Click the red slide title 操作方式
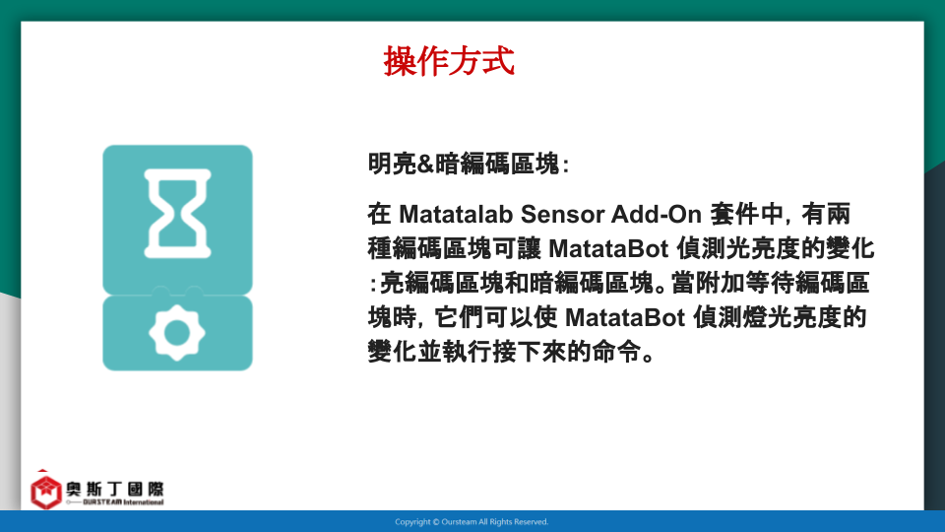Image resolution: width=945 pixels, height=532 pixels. pos(449,61)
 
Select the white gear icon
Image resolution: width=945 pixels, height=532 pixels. pos(177,332)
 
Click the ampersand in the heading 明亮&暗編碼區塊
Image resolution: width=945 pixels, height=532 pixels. pos(425,164)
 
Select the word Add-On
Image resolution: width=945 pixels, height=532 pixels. pos(657,214)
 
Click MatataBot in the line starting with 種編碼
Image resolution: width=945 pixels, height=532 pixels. pos(608,248)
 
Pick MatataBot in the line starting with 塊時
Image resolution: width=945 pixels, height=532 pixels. pos(625,317)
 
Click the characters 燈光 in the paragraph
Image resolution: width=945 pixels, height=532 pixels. pos(767,317)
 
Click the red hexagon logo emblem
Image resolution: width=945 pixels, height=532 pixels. pos(46,492)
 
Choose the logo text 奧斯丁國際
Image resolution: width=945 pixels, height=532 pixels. pos(115,489)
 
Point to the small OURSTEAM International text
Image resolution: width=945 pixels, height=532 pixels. pos(123,501)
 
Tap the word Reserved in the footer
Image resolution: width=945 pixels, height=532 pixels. pos(533,522)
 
